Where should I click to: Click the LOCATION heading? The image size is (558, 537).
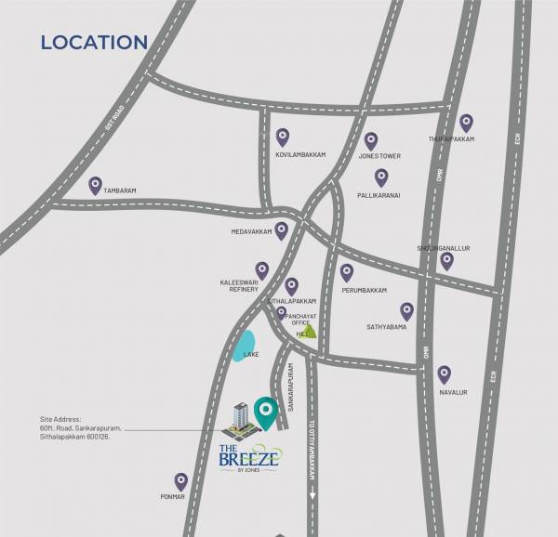tap(94, 42)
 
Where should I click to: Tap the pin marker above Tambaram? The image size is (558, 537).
tap(95, 185)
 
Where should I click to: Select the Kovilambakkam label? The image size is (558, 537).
tap(300, 155)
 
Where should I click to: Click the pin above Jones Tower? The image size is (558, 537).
tap(370, 140)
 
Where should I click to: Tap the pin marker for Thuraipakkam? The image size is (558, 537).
tap(466, 123)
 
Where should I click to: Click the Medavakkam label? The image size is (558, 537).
tap(252, 231)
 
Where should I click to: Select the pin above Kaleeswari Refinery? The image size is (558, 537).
tap(262, 269)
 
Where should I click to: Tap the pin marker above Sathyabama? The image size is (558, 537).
tap(406, 310)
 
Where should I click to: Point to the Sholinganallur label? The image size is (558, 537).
tap(445, 249)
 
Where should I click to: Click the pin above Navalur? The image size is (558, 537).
tap(445, 373)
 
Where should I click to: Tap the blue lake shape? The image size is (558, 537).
tap(244, 346)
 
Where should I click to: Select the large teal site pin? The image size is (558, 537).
tap(266, 411)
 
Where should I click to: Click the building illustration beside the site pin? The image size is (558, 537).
tap(240, 421)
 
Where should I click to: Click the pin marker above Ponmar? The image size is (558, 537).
tap(180, 481)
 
